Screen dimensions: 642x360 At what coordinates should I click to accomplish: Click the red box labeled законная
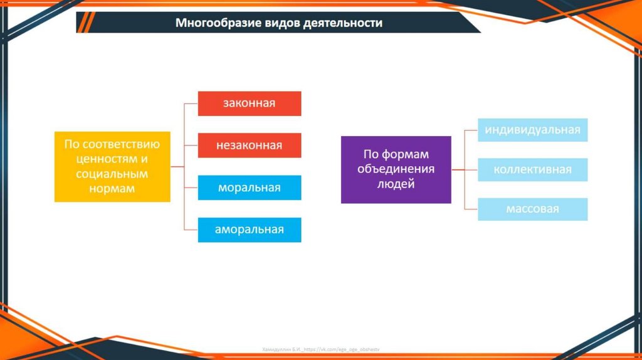pyautogui.click(x=250, y=103)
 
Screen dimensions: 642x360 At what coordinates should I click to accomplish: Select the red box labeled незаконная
pyautogui.click(x=250, y=146)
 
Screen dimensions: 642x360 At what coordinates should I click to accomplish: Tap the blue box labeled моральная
pyautogui.click(x=250, y=188)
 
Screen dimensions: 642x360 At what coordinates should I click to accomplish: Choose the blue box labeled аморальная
pyautogui.click(x=250, y=230)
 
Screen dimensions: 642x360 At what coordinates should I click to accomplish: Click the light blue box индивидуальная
pyautogui.click(x=532, y=130)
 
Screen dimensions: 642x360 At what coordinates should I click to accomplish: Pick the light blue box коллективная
pyautogui.click(x=532, y=169)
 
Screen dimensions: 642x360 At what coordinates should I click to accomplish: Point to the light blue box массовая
pyautogui.click(x=532, y=209)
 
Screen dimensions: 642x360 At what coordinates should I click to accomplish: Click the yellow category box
pyautogui.click(x=112, y=166)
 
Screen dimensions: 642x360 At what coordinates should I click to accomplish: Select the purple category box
pyautogui.click(x=396, y=169)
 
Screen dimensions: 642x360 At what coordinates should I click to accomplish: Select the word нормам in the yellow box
pyautogui.click(x=112, y=188)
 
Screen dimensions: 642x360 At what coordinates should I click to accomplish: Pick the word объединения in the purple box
pyautogui.click(x=396, y=169)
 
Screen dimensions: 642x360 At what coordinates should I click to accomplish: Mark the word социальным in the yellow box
pyautogui.click(x=112, y=174)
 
